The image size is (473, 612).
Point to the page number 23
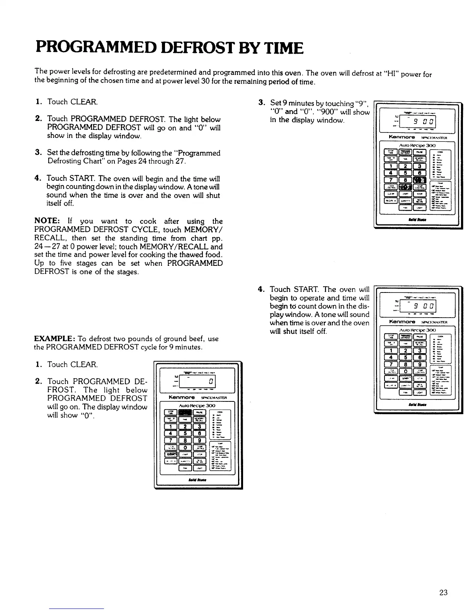click(443, 593)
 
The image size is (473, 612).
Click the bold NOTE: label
click(46, 221)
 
